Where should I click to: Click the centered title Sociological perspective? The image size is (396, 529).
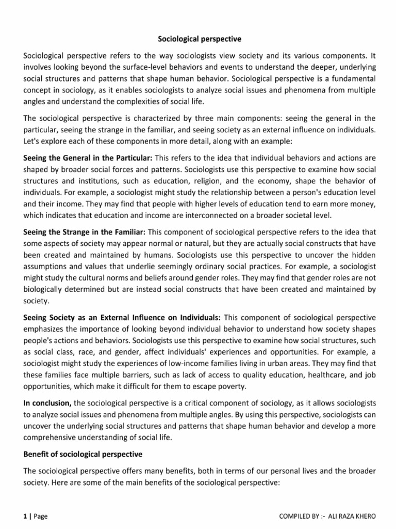pyautogui.click(x=199, y=38)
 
